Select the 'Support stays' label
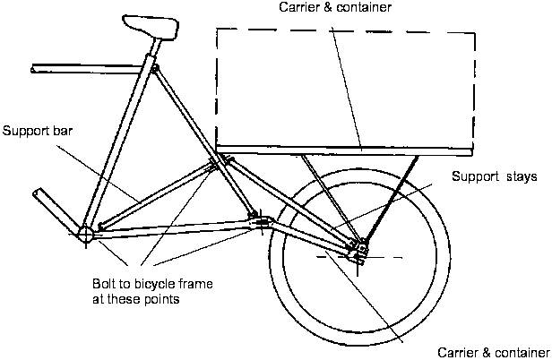pyautogui.click(x=494, y=176)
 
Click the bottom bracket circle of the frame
pyautogui.click(x=85, y=235)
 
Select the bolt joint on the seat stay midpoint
pyautogui.click(x=217, y=163)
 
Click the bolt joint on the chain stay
pyautogui.click(x=260, y=218)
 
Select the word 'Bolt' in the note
pyautogui.click(x=105, y=284)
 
